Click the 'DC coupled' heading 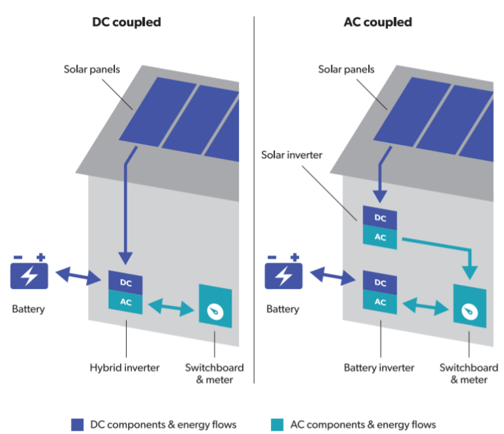point(126,22)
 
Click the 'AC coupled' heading point(377,22)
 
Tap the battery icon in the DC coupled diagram point(29,273)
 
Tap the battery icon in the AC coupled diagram point(283,273)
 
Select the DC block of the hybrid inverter point(125,281)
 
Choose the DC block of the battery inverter point(380,282)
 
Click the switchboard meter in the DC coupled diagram point(215,306)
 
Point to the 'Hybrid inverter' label point(125,368)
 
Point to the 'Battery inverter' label point(379,368)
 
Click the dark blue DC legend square point(77,424)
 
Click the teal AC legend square point(277,424)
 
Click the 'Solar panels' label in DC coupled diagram point(92,68)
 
